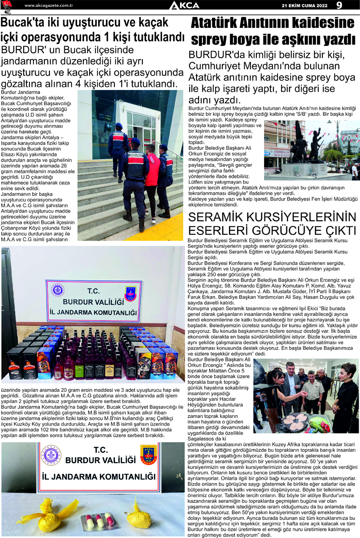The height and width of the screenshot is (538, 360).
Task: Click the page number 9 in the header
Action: (339, 5)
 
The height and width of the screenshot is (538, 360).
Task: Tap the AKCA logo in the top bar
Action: (184, 5)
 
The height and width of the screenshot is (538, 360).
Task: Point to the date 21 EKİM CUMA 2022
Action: (305, 5)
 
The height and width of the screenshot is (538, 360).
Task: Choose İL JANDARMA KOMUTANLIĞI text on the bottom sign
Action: (99, 477)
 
